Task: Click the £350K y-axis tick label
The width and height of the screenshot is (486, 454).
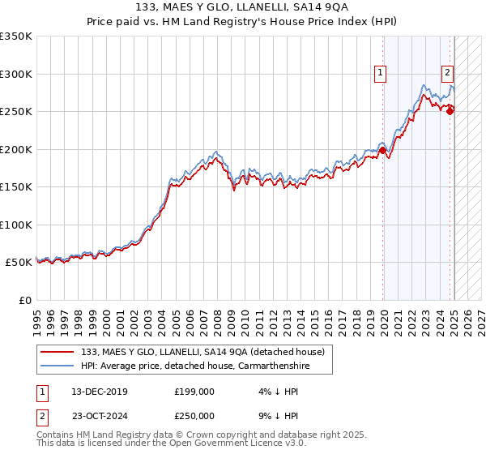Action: [16, 36]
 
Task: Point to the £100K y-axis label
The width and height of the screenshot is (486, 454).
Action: [16, 225]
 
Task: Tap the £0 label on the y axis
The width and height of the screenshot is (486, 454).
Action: [24, 300]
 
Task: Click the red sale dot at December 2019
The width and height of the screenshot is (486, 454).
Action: [382, 150]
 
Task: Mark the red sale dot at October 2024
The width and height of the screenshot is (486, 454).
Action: [450, 111]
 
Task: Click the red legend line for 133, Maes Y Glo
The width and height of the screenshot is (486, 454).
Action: [57, 351]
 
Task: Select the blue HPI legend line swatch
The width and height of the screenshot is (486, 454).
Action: [57, 366]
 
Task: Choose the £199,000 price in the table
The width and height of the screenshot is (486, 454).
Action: [194, 392]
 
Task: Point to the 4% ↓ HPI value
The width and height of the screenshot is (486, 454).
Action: [275, 392]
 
